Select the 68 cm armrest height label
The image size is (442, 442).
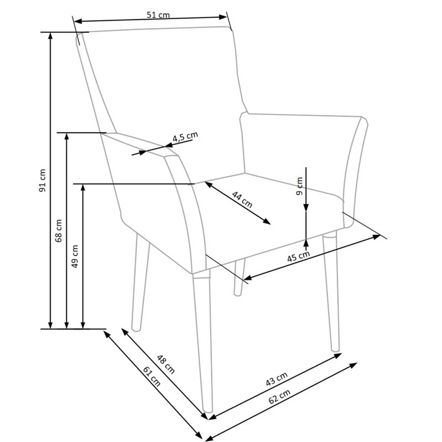click(59, 231)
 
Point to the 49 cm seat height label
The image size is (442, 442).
click(75, 256)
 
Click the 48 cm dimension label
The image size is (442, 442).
click(165, 364)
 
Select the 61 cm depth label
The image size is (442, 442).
click(152, 377)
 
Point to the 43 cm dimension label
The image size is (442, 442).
click(276, 379)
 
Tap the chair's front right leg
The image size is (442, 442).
click(331, 290)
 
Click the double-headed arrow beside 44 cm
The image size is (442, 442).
click(238, 203)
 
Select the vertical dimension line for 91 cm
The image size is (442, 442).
click(51, 180)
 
